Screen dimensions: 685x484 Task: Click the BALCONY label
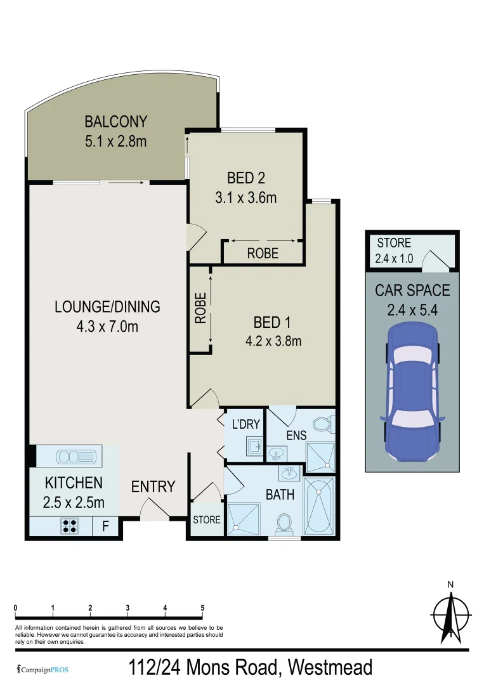click(115, 121)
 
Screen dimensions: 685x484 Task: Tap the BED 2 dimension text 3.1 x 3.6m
click(245, 197)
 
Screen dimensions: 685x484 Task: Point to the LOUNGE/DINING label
click(107, 307)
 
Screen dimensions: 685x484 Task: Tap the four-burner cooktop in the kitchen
click(70, 526)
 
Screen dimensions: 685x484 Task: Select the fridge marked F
click(105, 526)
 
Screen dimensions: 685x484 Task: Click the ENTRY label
click(153, 486)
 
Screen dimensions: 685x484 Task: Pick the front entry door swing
click(153, 508)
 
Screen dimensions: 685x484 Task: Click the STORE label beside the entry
click(206, 519)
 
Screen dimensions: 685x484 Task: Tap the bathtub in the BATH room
click(319, 506)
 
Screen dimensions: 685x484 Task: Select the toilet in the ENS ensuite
click(322, 423)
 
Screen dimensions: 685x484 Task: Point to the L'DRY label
click(245, 424)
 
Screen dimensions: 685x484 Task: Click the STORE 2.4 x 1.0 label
click(394, 250)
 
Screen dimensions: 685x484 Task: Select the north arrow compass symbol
click(450, 614)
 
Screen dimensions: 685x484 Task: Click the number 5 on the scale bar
click(202, 608)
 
